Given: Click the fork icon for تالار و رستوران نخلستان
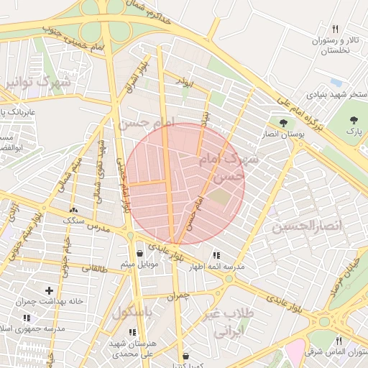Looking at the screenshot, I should click(335, 29).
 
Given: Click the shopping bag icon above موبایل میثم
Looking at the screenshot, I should click(141, 254).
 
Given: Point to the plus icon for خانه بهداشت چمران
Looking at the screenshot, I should click(49, 290).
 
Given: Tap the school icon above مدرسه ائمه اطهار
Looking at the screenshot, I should click(216, 255).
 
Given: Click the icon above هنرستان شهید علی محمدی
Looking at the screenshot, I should click(132, 332).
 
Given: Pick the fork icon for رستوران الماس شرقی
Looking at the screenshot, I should click(337, 341).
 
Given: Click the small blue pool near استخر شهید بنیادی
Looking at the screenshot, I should click(336, 81).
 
